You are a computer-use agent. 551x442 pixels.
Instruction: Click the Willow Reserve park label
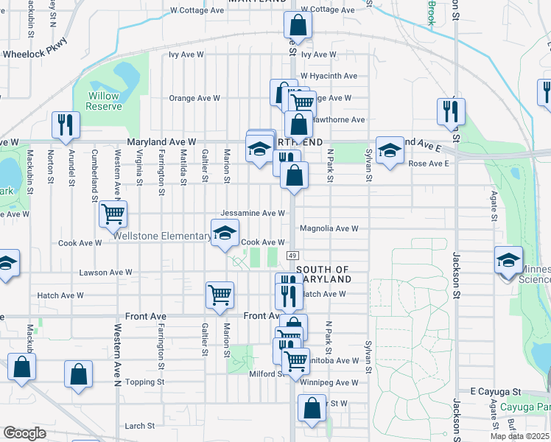point(104,101)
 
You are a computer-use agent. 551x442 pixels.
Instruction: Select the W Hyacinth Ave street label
point(329,76)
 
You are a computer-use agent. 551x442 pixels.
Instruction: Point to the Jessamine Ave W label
point(253,213)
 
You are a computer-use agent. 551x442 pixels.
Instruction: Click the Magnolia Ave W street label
point(329,228)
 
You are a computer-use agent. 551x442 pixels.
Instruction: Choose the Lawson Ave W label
point(105,272)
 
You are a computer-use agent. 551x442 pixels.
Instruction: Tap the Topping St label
point(144,382)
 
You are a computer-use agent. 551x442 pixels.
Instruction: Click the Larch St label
point(140,425)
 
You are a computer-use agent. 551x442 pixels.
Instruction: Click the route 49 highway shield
point(292,255)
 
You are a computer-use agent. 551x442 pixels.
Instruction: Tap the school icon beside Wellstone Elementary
point(225,234)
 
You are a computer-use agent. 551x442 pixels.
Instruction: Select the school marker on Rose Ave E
point(390,151)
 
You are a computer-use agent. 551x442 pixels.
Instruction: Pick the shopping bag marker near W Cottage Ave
point(298,25)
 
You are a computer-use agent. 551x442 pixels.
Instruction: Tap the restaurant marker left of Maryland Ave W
point(66,125)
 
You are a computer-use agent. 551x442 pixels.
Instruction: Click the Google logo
point(24,433)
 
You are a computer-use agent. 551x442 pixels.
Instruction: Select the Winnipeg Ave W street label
point(330,382)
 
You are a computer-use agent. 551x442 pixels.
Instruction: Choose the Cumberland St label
point(94,175)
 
